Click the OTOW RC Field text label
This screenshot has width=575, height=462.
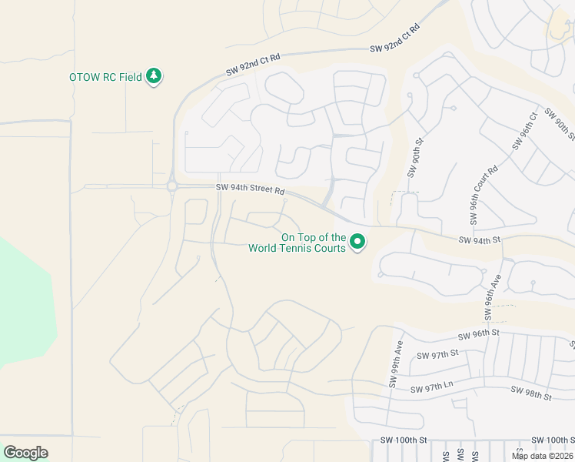(105, 77)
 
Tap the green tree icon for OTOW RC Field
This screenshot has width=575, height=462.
(155, 75)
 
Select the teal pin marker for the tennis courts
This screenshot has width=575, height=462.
(357, 243)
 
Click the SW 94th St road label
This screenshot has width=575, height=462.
(479, 240)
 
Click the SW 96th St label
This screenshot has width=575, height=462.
(479, 333)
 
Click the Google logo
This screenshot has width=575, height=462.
(25, 453)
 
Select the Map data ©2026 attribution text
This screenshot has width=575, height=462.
(542, 456)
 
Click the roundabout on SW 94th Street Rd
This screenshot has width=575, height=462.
(171, 186)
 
